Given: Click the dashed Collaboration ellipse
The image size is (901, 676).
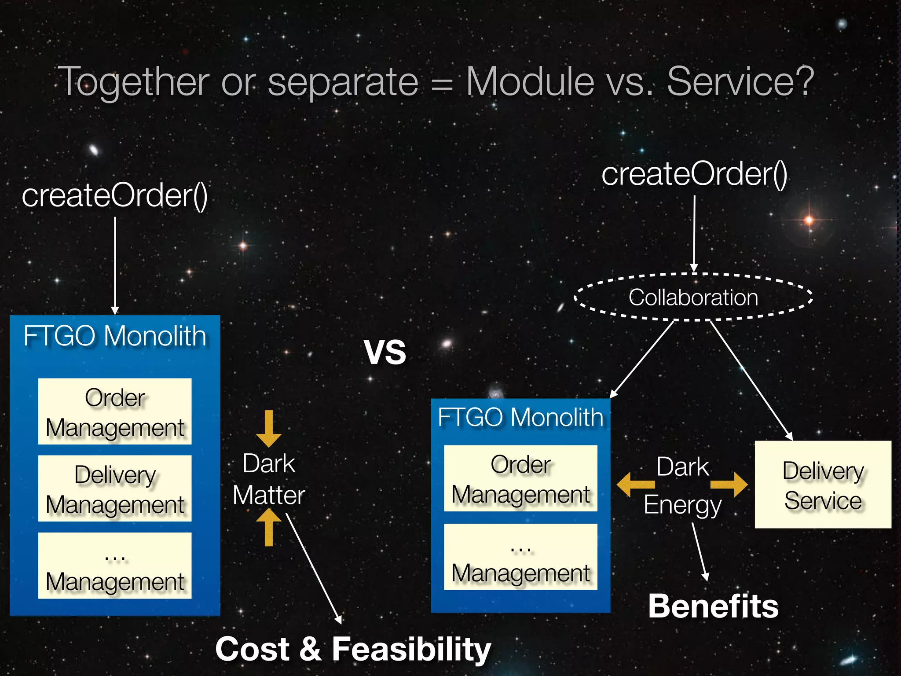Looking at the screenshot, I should (x=693, y=297).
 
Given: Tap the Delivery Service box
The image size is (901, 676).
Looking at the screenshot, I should (x=823, y=485).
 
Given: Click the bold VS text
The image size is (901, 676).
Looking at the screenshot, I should (x=385, y=353).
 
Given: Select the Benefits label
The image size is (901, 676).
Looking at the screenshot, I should (x=713, y=606).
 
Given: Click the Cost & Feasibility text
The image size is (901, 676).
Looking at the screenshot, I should (x=353, y=649).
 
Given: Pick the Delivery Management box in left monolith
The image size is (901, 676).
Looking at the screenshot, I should (x=115, y=489).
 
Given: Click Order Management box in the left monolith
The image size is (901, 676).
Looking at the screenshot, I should (x=115, y=411).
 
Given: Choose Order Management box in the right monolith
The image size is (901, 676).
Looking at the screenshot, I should (x=520, y=478).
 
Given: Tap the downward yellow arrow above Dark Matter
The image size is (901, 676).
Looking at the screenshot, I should (x=268, y=428).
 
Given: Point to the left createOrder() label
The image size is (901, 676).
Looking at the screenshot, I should (x=115, y=195).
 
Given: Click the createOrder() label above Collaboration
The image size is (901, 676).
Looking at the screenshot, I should (x=694, y=174).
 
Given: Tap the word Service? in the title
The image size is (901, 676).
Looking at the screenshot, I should (x=740, y=81).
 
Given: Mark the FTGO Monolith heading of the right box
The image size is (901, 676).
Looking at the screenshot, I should (x=520, y=417).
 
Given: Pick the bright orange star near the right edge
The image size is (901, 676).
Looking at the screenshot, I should (x=809, y=220).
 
